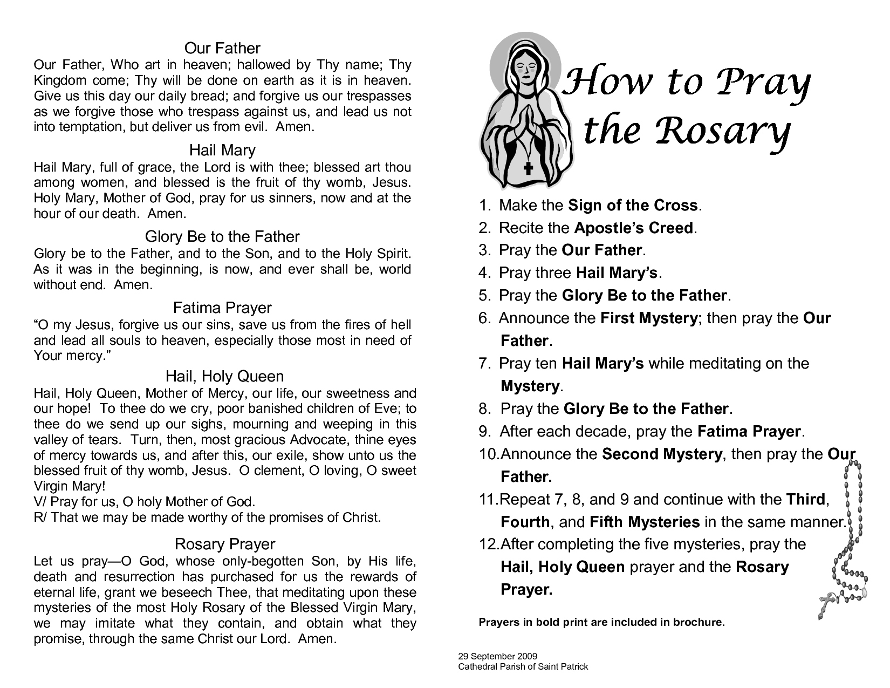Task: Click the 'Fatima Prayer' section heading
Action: point(222,308)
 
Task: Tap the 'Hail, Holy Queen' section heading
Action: point(224,376)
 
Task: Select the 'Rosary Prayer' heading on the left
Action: point(225,544)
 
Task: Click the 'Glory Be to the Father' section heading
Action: point(222,237)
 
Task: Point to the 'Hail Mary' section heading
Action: point(222,150)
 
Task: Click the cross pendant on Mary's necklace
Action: point(528,168)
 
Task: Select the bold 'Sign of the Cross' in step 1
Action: point(634,206)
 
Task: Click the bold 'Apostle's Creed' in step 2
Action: point(634,228)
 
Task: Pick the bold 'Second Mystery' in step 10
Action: point(662,454)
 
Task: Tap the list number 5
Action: point(484,296)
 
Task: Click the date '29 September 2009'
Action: point(497,657)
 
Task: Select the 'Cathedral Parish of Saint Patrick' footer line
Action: point(523,667)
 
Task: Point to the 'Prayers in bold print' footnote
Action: point(601,622)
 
